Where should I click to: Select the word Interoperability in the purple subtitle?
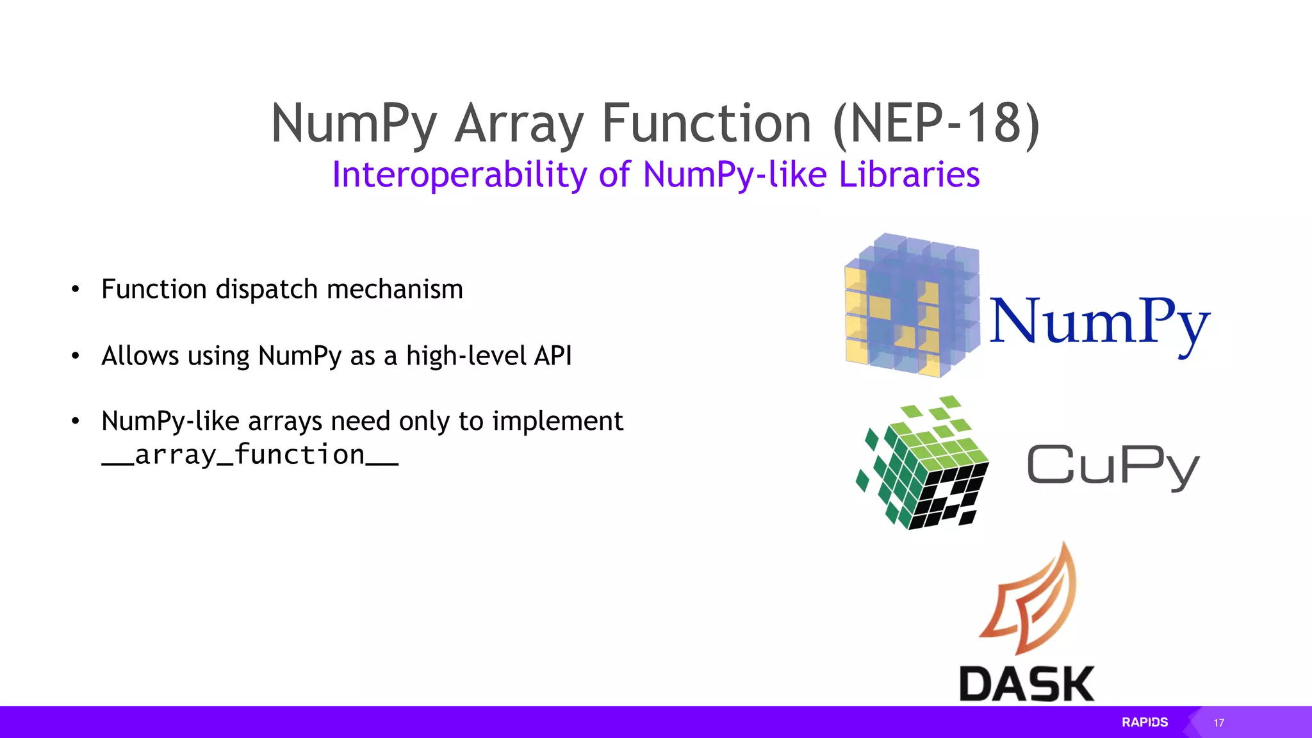coord(459,175)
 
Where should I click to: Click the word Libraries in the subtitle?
coord(909,174)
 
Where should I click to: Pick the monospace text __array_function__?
coord(250,455)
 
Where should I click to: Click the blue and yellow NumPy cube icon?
coord(912,305)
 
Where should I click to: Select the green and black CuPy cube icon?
coord(922,463)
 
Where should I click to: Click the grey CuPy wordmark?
coord(1113,466)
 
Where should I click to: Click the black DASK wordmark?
coord(1027,684)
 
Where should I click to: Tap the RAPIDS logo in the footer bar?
coord(1145,722)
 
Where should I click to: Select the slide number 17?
coord(1218,723)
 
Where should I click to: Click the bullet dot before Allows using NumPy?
coord(76,356)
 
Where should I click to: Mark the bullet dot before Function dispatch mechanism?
coord(76,290)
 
